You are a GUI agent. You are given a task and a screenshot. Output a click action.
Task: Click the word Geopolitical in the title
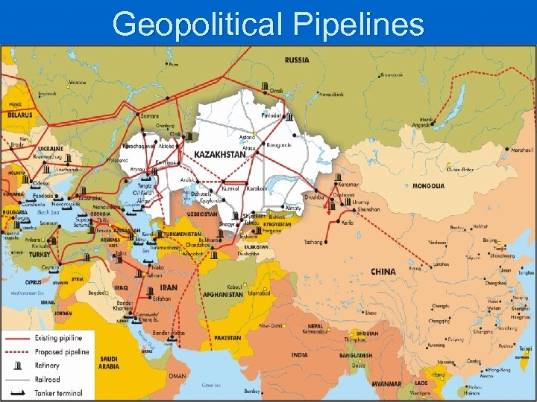199,24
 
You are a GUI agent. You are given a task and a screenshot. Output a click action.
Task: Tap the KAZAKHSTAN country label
221,154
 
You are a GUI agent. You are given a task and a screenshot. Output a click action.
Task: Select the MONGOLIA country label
428,186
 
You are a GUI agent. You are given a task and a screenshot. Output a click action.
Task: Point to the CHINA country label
383,272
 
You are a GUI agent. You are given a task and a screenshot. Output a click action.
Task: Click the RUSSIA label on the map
298,60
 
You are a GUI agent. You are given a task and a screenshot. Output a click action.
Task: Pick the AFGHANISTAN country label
223,294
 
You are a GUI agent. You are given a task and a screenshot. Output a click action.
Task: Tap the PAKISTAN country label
227,337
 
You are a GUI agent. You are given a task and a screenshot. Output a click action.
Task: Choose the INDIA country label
299,355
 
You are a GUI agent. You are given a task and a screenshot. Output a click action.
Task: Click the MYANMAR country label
387,384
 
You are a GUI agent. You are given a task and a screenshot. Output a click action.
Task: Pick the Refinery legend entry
49,366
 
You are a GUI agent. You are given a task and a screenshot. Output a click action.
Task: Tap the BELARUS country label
20,115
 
